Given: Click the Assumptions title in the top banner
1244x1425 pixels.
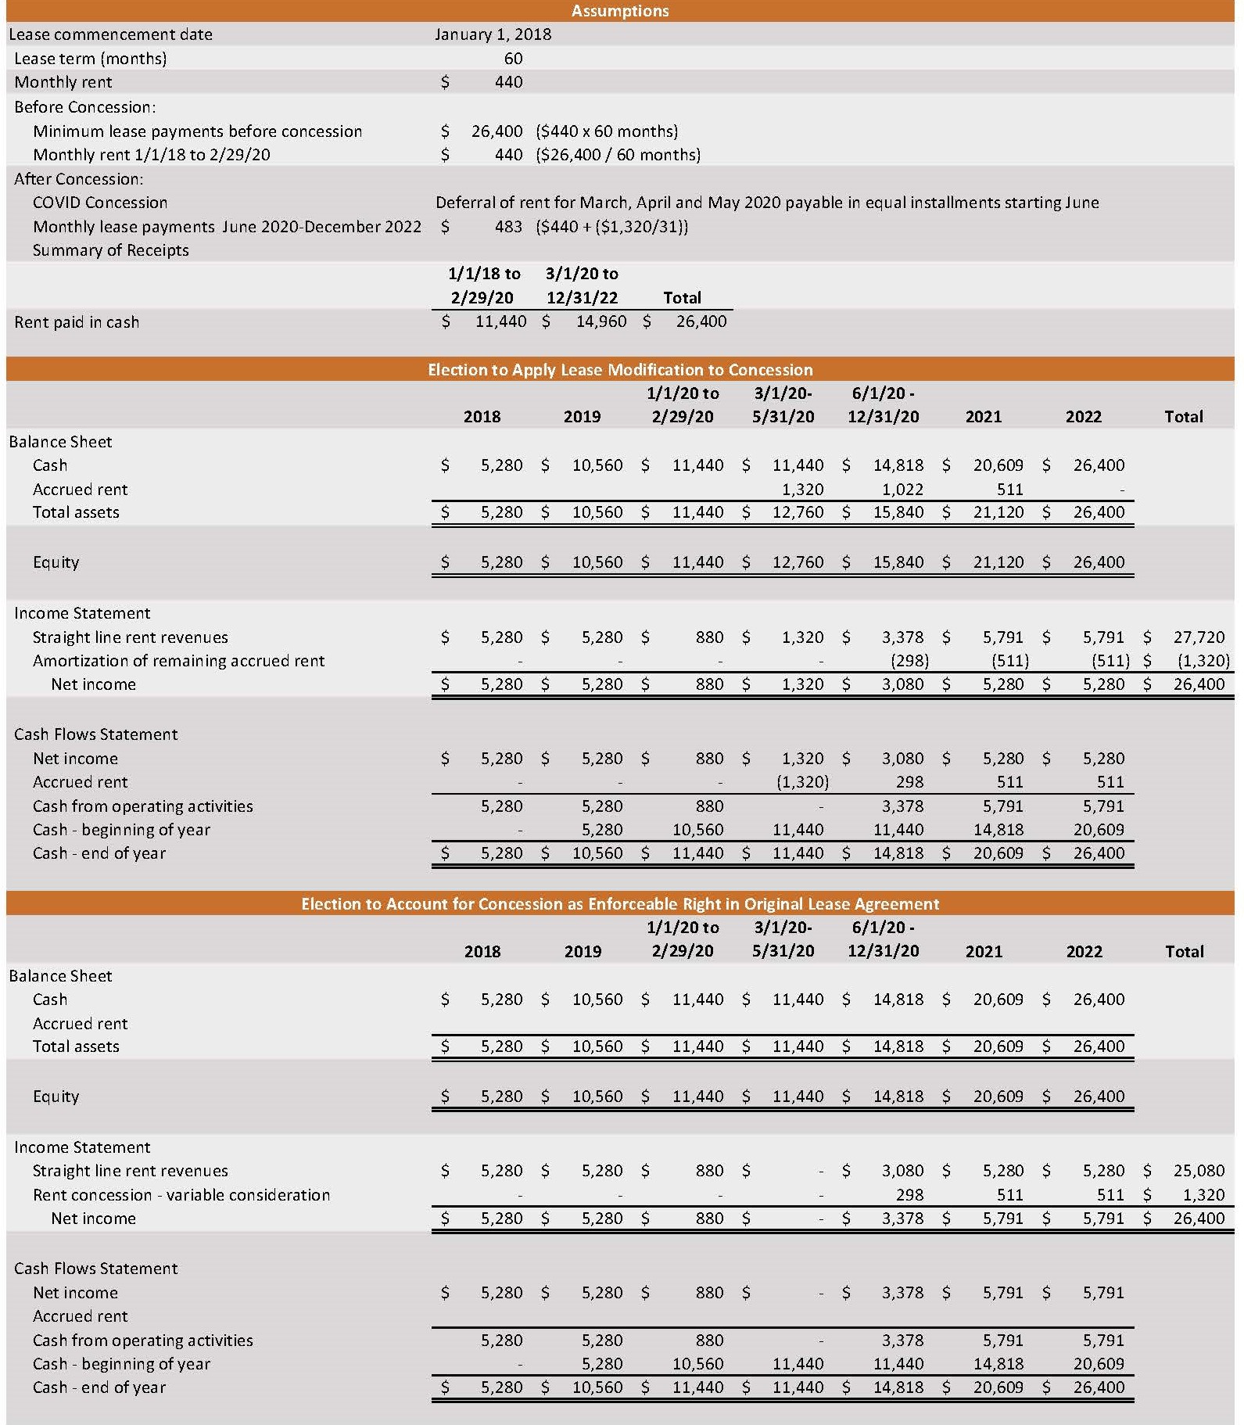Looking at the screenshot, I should tap(620, 11).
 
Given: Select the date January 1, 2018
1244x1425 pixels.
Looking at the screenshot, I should tap(493, 34).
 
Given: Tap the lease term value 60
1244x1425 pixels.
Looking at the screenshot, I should tap(513, 59).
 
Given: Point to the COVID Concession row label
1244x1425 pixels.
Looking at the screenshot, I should tap(100, 203).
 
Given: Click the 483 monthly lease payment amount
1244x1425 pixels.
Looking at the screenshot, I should tap(508, 227).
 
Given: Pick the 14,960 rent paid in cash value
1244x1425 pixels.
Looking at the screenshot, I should tap(600, 321).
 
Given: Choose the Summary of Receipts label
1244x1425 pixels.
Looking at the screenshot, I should tap(110, 250).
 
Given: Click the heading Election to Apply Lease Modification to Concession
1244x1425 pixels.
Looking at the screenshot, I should tap(620, 370).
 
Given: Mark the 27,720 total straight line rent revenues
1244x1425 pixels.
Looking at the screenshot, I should tap(1199, 637).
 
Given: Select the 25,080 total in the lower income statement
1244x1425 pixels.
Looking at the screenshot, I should tap(1199, 1171).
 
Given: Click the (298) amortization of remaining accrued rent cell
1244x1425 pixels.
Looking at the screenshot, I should tap(910, 661).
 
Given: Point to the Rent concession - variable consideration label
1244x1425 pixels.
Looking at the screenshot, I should tap(181, 1195).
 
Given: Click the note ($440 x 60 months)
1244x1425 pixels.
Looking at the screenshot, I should tap(608, 131).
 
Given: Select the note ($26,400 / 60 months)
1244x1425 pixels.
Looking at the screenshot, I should tap(618, 155).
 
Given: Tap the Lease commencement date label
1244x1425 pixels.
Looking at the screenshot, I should tap(110, 34).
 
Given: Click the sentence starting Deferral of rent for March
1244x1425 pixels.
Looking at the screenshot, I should tap(767, 203).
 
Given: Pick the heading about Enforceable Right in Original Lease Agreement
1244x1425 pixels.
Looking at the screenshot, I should tap(620, 904).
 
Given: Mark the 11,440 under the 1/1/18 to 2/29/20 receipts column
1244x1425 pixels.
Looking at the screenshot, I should tap(500, 321).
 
